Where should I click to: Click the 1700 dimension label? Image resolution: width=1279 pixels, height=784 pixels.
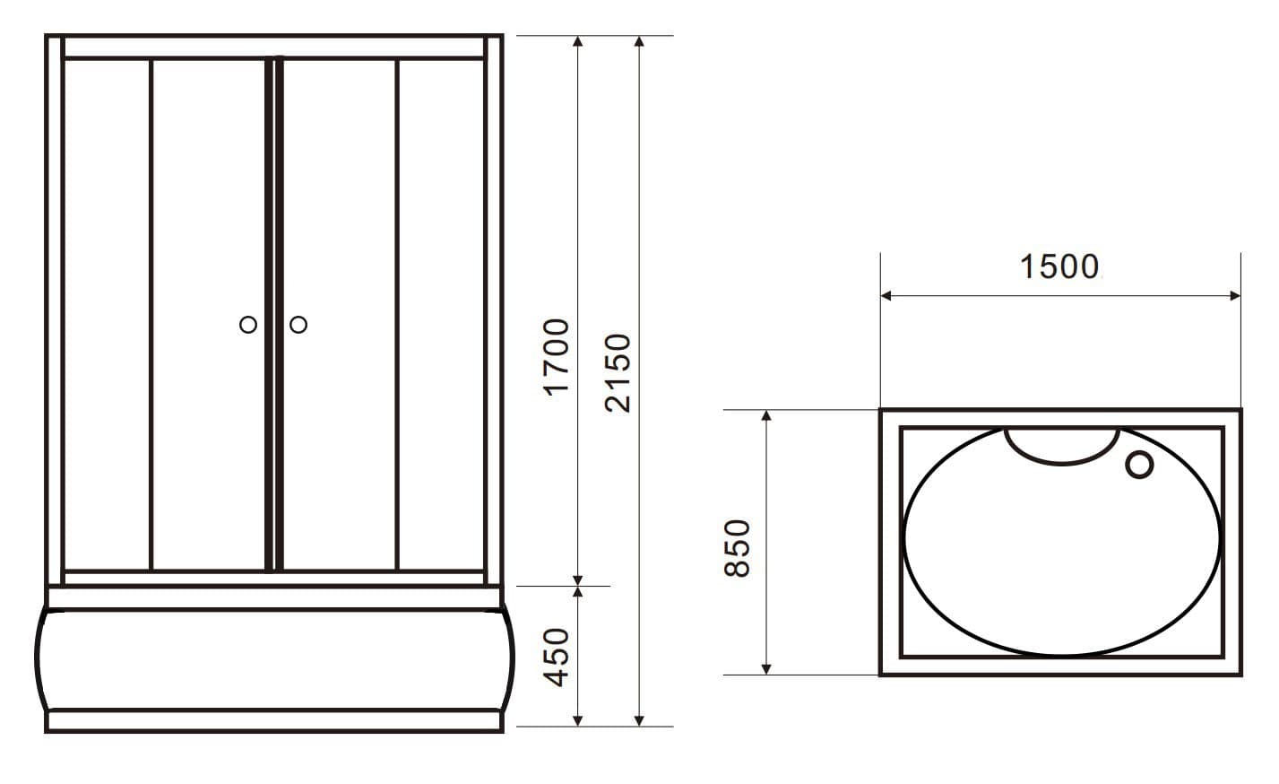(556, 358)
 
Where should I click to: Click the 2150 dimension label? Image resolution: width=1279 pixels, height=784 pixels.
(618, 373)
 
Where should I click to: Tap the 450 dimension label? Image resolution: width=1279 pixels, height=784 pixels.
(556, 658)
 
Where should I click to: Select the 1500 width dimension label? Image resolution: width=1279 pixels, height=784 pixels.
(1059, 266)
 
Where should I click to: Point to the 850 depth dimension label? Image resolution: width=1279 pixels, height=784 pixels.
(737, 549)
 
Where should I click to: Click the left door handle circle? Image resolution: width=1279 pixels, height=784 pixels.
(247, 325)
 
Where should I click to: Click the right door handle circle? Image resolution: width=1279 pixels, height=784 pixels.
(298, 325)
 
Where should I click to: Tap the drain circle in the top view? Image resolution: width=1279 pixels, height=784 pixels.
(1139, 464)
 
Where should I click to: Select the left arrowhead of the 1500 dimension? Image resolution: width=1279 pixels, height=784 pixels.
(886, 295)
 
